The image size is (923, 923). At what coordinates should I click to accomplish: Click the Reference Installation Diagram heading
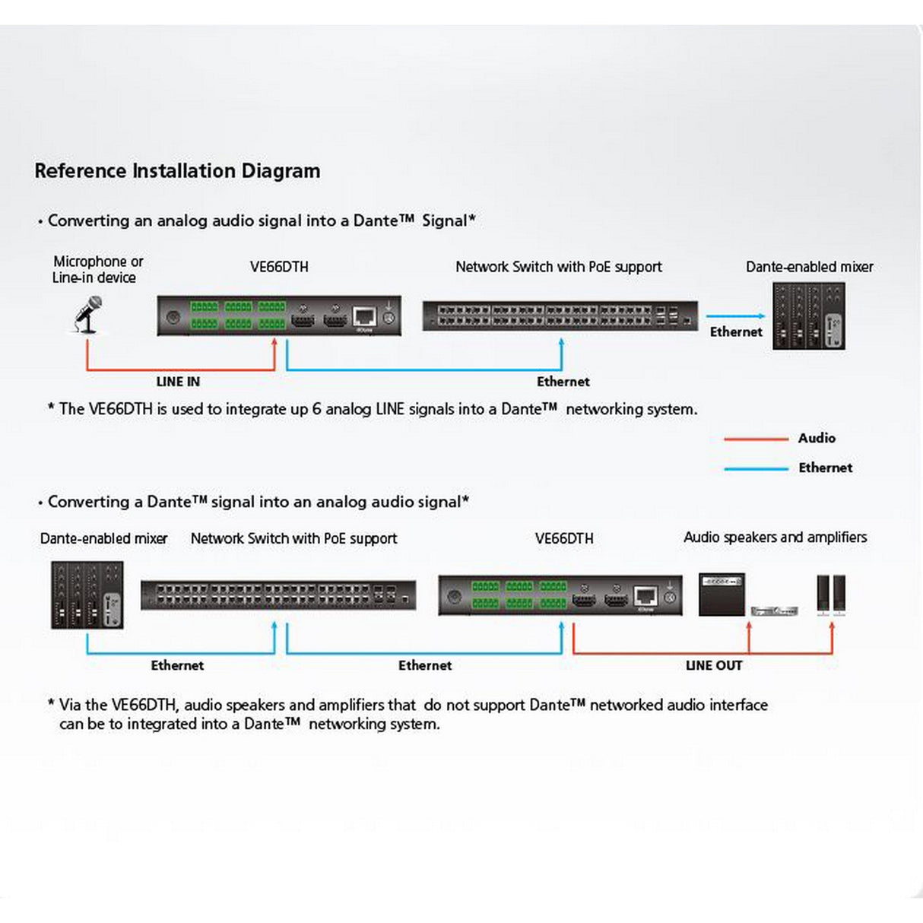coord(177,171)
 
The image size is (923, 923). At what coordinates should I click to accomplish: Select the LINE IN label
coord(178,382)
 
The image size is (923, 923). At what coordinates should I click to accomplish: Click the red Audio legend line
coord(755,439)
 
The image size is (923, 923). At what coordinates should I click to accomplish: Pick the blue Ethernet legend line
coord(755,468)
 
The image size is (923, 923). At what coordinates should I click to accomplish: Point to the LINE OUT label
coord(713,665)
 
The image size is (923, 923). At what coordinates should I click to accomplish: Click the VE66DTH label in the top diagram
coord(279,267)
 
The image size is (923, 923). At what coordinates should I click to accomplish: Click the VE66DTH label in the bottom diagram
coord(564,538)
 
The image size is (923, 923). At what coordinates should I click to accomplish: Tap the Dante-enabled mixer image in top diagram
coord(808,316)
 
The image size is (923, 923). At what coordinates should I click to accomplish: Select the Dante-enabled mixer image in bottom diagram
coord(87,595)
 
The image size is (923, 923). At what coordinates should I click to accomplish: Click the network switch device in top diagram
coord(560,316)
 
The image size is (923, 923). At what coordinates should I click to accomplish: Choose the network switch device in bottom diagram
coord(278,595)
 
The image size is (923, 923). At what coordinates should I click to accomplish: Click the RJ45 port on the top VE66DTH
coord(364,316)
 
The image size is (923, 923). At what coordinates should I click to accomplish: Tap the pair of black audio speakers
coord(831,594)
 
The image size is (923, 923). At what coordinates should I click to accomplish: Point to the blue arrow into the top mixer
coord(735,316)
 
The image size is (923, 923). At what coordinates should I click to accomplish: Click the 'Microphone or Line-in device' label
coord(97,269)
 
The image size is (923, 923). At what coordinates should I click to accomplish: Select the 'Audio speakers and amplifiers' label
coord(775,538)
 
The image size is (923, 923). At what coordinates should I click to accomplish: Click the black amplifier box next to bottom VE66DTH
coord(722,594)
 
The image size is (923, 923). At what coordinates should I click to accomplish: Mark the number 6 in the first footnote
coord(316,409)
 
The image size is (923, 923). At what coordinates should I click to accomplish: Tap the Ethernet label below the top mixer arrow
coord(735,332)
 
